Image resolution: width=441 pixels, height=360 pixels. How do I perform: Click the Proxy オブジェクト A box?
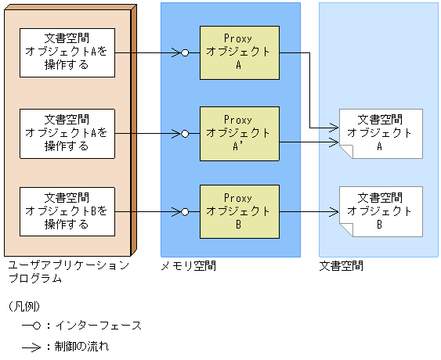[238, 52]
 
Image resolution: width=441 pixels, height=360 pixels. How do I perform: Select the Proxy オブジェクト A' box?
[238, 133]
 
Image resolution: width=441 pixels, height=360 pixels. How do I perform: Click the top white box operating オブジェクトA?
[67, 52]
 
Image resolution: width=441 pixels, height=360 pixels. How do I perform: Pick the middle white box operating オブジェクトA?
[67, 133]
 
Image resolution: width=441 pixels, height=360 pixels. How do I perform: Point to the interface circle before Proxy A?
[185, 53]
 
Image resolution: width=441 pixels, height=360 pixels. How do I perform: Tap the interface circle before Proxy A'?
[185, 133]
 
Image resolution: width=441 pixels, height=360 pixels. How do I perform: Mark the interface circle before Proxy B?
[185, 212]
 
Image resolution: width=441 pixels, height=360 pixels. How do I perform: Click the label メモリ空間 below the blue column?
[188, 266]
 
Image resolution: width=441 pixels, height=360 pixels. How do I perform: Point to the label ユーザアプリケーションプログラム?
[67, 272]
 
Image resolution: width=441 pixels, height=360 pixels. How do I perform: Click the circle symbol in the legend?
[37, 325]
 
